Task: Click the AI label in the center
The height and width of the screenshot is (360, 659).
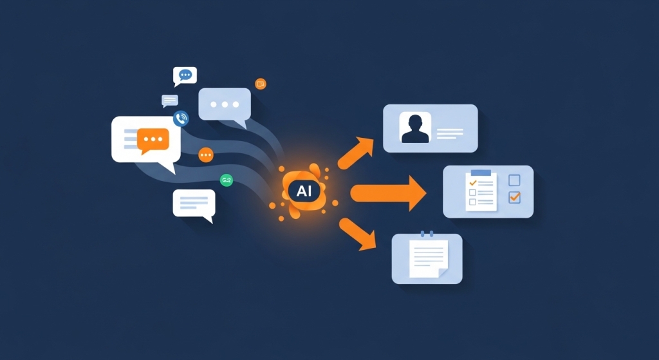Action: point(304,191)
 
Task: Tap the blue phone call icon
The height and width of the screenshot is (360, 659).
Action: point(181,118)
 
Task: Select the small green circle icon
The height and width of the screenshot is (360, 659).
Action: point(227,180)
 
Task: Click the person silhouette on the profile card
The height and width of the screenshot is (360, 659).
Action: point(415,129)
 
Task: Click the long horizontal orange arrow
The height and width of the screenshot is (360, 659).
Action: point(388,193)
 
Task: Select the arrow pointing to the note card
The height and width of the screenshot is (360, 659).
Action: point(358,234)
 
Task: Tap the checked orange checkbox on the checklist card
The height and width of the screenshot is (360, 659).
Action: point(514,197)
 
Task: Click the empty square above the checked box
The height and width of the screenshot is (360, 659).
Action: point(514,180)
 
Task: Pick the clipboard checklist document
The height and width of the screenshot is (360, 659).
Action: point(481,191)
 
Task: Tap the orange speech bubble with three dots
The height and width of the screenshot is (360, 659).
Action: point(153,140)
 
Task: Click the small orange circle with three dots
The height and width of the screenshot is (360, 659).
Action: point(206,155)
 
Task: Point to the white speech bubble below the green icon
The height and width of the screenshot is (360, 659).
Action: point(194,205)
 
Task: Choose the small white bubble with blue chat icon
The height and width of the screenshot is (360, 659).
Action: point(185,77)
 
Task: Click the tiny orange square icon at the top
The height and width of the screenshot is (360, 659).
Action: point(261,84)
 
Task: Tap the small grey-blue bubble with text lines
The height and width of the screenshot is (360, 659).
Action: point(170,101)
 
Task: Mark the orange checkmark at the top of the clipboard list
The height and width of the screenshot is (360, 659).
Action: point(473,183)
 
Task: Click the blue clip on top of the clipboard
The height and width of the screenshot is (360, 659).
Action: point(481,173)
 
